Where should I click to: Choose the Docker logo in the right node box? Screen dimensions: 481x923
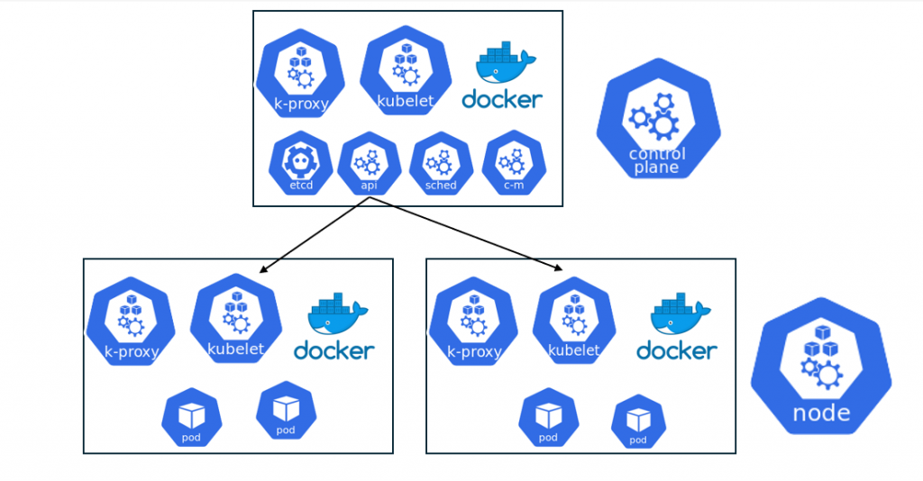tap(678, 329)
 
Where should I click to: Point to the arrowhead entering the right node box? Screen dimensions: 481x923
tap(559, 268)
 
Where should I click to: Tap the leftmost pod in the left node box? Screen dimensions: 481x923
tap(191, 419)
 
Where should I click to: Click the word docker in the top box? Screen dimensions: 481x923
tap(502, 99)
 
